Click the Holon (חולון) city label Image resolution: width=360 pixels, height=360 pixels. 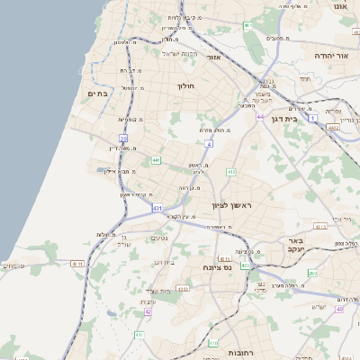tap(185, 86)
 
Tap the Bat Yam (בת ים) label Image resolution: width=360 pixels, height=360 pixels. tap(97, 93)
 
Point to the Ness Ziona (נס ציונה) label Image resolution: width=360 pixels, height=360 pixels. tap(218, 267)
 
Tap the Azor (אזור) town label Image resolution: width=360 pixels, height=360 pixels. tap(214, 57)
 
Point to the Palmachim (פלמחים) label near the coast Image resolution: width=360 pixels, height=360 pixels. tap(14, 265)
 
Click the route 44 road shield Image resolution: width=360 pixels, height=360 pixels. tap(260, 118)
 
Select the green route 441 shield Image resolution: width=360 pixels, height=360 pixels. tap(156, 160)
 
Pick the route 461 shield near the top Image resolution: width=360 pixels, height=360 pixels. tap(247, 25)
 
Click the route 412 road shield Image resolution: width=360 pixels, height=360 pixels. tap(230, 171)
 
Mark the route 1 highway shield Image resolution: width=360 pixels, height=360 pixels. tap(312, 118)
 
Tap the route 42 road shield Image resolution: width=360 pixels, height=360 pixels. tap(148, 311)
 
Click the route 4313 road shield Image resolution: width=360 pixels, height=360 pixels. tap(322, 227)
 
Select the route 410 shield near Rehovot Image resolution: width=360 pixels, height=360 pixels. tap(213, 343)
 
